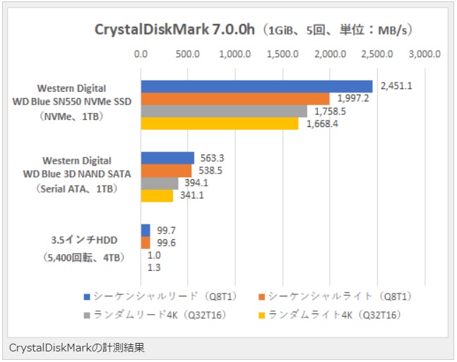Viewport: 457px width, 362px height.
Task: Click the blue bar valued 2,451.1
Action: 256,86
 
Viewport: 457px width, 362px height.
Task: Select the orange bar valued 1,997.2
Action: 235,99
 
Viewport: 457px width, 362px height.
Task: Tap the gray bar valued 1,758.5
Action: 224,111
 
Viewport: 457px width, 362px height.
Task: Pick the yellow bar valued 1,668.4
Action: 220,123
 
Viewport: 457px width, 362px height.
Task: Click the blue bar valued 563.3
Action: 167,158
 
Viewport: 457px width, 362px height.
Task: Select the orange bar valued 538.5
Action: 166,171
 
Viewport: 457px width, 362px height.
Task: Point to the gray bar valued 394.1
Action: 160,183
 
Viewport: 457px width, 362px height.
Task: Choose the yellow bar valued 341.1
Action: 157,195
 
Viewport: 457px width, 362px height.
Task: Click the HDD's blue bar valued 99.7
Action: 146,230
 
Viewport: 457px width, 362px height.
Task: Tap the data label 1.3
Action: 153,267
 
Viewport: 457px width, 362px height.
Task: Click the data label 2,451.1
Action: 396,86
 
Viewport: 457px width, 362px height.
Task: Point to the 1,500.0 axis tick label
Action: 283,54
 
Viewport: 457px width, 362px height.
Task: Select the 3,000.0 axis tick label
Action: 425,54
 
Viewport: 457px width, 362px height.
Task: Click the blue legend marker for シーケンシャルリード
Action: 87,296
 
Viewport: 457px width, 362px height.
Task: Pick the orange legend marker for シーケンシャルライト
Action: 263,296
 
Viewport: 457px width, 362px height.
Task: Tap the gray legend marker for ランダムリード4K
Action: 87,314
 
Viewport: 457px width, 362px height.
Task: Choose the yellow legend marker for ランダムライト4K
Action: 263,314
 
